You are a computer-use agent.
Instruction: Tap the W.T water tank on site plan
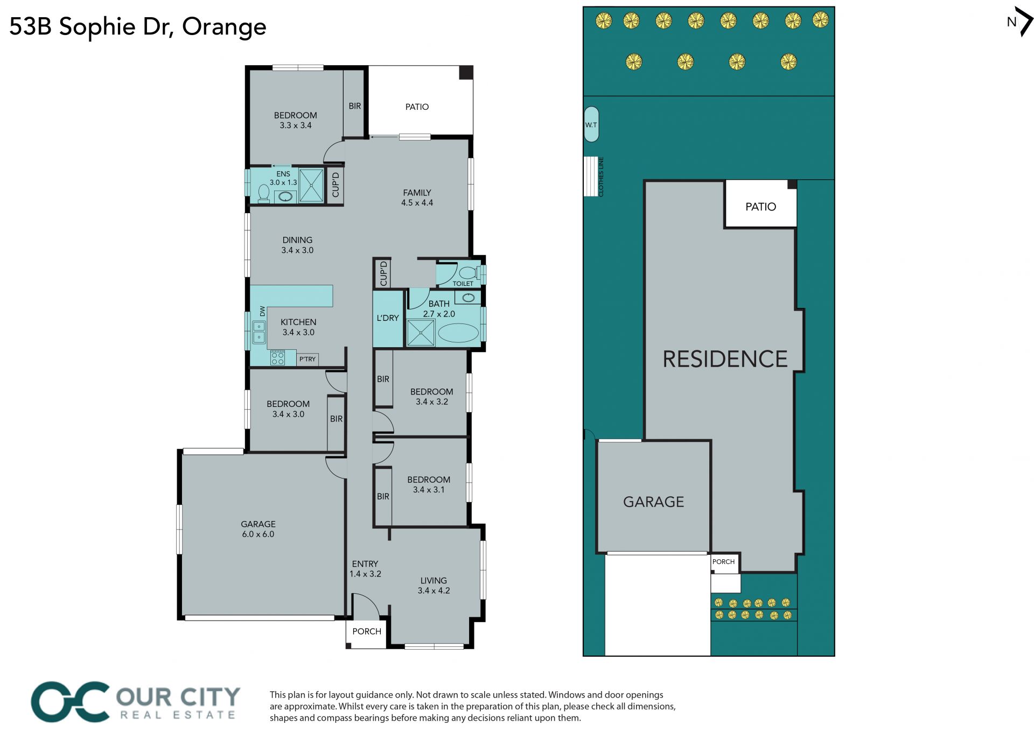pos(591,124)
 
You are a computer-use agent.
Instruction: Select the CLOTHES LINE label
pos(601,177)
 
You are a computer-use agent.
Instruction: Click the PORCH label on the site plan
pos(723,561)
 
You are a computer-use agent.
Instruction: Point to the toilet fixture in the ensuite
pos(264,193)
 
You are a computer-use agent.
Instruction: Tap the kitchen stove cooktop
pos(278,358)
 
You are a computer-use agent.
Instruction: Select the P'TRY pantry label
pos(308,359)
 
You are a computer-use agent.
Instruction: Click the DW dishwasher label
pos(262,311)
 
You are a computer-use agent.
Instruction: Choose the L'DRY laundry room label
pos(388,318)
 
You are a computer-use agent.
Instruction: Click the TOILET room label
pos(463,284)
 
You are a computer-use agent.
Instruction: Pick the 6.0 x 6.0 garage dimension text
pos(258,534)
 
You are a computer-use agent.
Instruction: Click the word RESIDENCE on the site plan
pos(725,359)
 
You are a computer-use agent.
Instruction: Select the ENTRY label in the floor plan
pos(365,564)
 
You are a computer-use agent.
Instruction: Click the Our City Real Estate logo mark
pos(70,702)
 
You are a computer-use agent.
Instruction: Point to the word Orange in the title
pos(224,27)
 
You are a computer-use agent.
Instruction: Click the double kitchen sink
pos(259,332)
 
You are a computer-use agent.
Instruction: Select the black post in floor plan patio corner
pos(466,73)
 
